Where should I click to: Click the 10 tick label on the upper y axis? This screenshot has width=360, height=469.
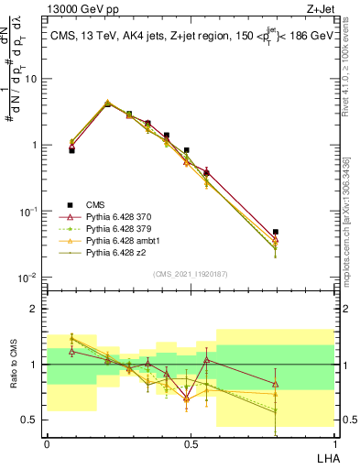[x=31, y=79]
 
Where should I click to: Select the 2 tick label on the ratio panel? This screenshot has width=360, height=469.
[x=35, y=309]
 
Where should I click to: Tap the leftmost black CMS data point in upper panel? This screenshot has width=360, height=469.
[x=72, y=150]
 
